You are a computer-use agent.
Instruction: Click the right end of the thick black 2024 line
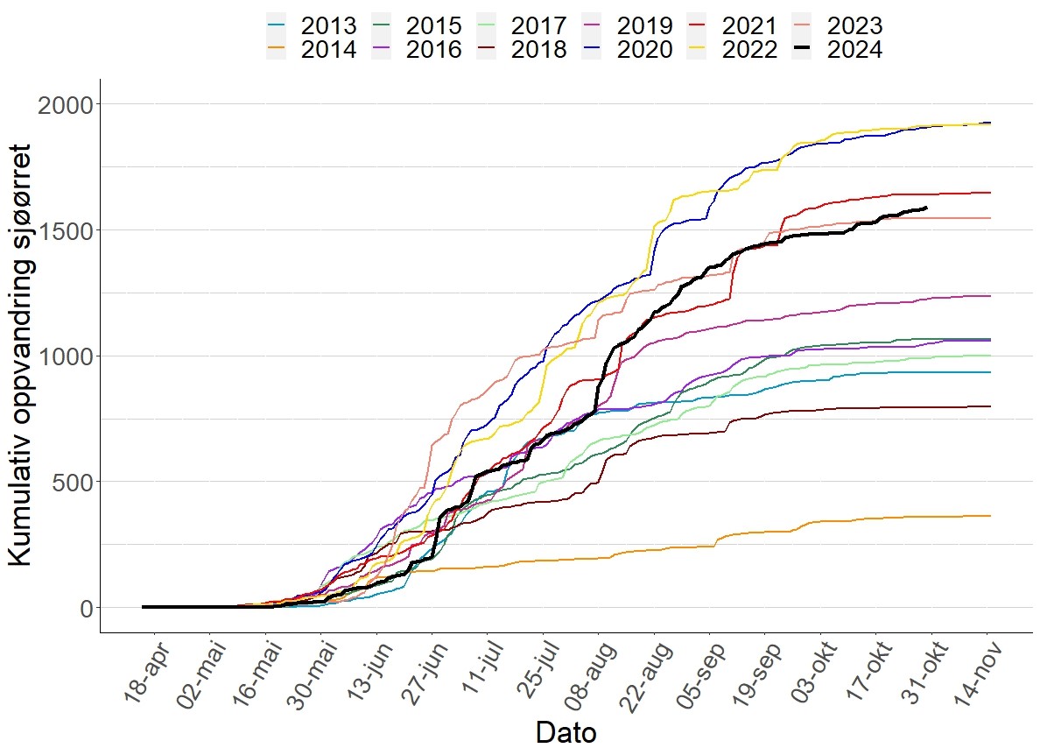(x=927, y=208)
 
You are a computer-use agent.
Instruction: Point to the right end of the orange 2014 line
(x=990, y=516)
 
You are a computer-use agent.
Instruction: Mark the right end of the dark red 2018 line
(x=990, y=406)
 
